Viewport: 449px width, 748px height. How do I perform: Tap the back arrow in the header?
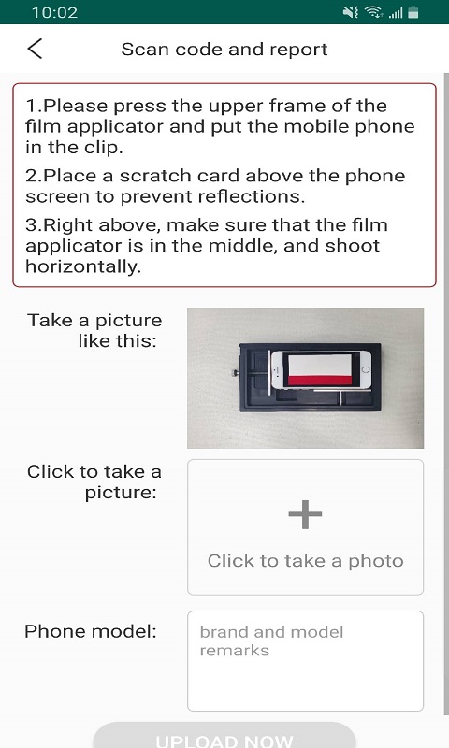pyautogui.click(x=35, y=49)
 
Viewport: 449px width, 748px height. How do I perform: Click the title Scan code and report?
pyautogui.click(x=224, y=50)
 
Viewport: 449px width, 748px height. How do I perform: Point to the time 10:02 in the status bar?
pyautogui.click(x=55, y=12)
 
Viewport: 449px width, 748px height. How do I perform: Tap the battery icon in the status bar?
pyautogui.click(x=413, y=12)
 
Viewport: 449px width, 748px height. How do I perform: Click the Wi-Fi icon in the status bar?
pyautogui.click(x=374, y=12)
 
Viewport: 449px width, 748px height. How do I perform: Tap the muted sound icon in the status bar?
pyautogui.click(x=351, y=12)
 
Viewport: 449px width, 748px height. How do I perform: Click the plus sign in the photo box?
pyautogui.click(x=305, y=514)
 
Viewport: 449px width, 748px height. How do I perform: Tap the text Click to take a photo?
pyautogui.click(x=305, y=561)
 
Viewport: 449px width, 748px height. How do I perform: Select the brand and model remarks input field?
pyautogui.click(x=305, y=661)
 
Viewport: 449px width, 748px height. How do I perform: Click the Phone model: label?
pyautogui.click(x=91, y=631)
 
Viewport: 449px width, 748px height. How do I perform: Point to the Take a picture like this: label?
pyautogui.click(x=94, y=330)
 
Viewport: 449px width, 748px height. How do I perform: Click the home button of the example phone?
pyautogui.click(x=366, y=369)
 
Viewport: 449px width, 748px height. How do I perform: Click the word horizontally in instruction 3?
pyautogui.click(x=83, y=266)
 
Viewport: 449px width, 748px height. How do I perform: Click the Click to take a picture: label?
pyautogui.click(x=94, y=482)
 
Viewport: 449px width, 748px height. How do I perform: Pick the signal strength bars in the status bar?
pyautogui.click(x=396, y=13)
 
